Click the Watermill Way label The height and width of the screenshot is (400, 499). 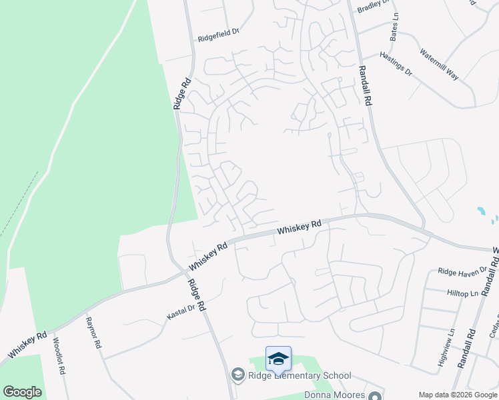(x=439, y=64)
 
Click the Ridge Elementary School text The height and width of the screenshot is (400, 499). (x=298, y=375)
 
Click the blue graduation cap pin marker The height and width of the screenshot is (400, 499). (x=278, y=359)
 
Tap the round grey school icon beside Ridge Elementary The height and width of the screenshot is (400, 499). (x=237, y=375)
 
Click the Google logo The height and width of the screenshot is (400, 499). (x=22, y=392)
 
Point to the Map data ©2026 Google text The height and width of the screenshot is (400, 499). (x=457, y=395)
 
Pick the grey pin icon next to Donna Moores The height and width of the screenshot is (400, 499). (x=375, y=395)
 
